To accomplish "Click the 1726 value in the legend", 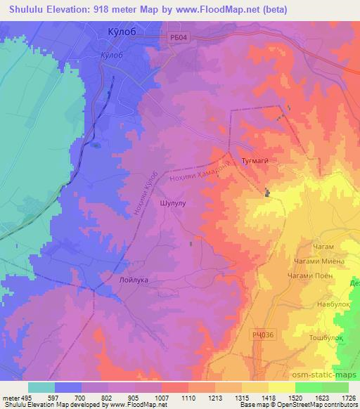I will [347, 398].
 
